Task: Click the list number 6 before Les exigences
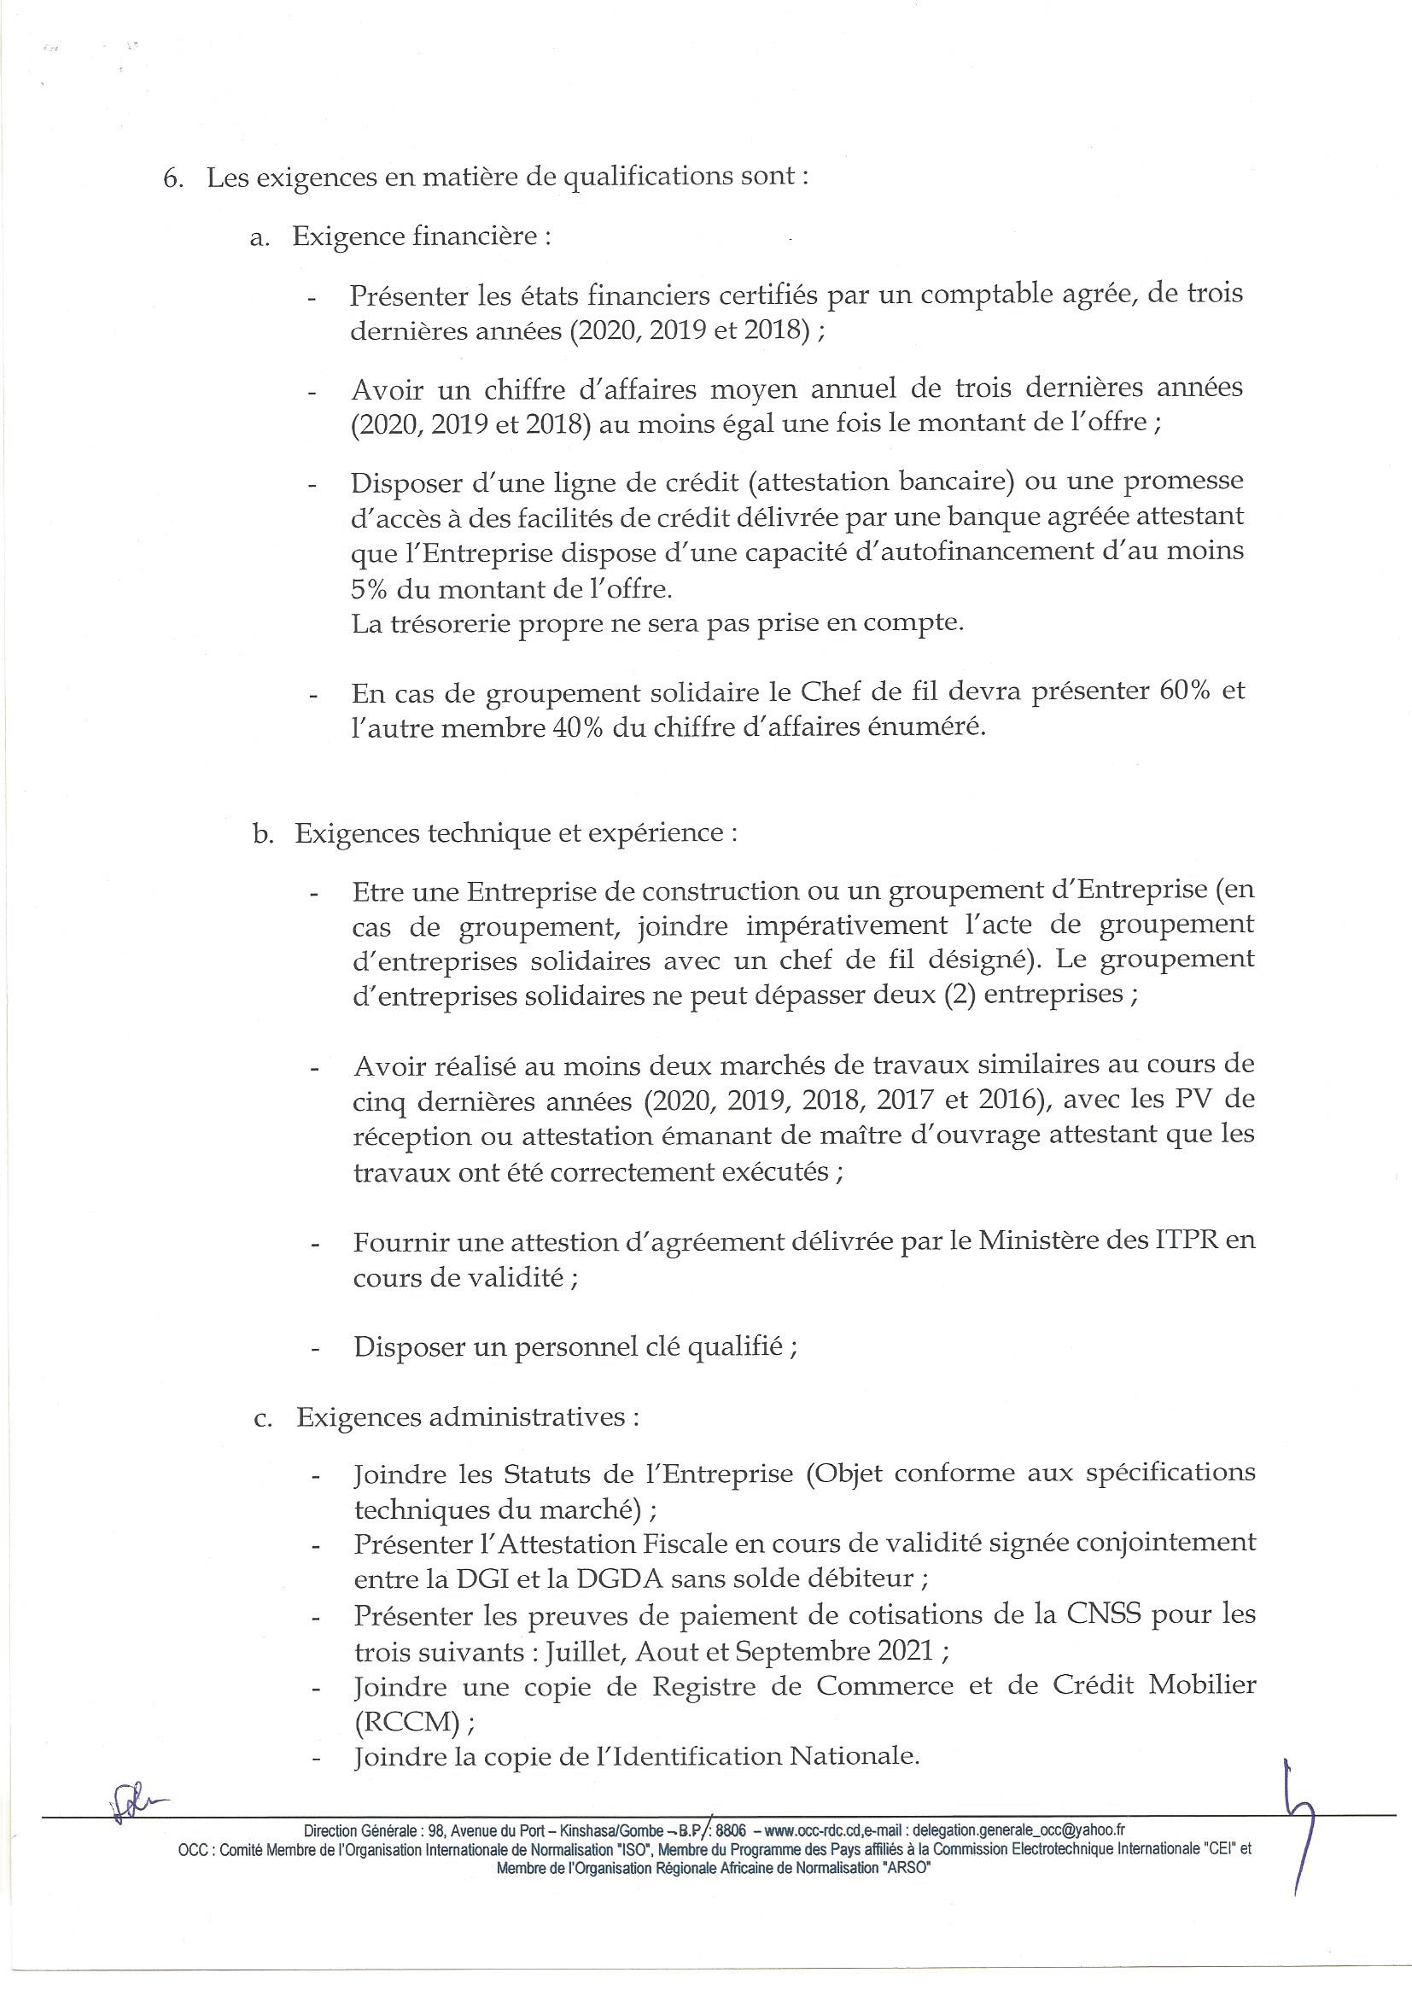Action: click(170, 177)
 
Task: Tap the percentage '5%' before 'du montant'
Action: click(372, 588)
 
